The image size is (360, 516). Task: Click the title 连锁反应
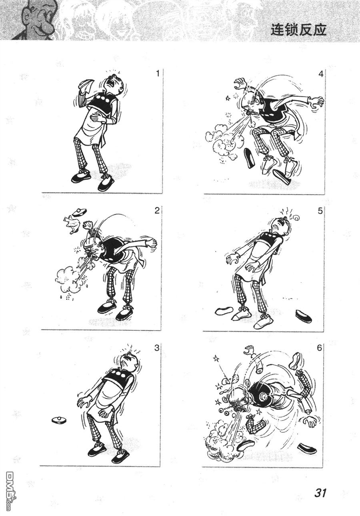[298, 30]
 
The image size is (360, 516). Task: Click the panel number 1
[158, 74]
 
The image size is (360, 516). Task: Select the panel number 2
[157, 211]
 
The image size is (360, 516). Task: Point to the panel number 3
[157, 348]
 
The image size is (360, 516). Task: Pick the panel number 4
[321, 74]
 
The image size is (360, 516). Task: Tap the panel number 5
[320, 211]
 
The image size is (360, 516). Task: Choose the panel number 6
[320, 348]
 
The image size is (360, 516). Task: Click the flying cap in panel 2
[80, 211]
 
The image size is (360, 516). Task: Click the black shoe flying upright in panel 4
[249, 158]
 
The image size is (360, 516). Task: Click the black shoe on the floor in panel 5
[304, 317]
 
